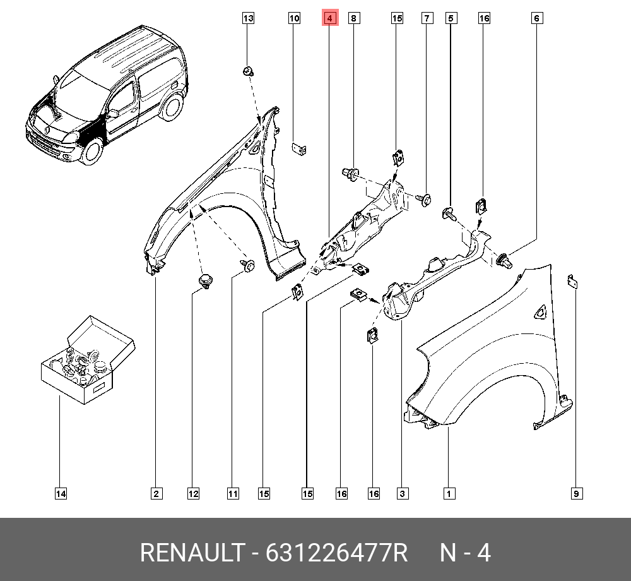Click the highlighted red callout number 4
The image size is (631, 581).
point(329,18)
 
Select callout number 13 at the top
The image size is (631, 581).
point(248,18)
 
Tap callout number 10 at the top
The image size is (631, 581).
point(294,18)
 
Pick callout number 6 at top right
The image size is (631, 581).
point(536,18)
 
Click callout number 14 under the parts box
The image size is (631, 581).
point(61,494)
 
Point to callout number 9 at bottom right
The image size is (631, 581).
point(576,494)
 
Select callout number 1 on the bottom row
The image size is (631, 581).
point(449,494)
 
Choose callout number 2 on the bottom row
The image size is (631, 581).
point(156,494)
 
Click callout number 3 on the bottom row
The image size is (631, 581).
point(403,494)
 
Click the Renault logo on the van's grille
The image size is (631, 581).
point(47,129)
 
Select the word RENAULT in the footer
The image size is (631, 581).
point(192,553)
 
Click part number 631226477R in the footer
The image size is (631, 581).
point(336,553)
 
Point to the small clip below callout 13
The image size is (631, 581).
point(248,71)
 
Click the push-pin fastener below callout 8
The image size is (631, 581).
point(350,174)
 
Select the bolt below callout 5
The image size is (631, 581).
point(449,213)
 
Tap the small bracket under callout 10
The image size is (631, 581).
point(298,148)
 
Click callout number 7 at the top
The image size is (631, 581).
point(427,18)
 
